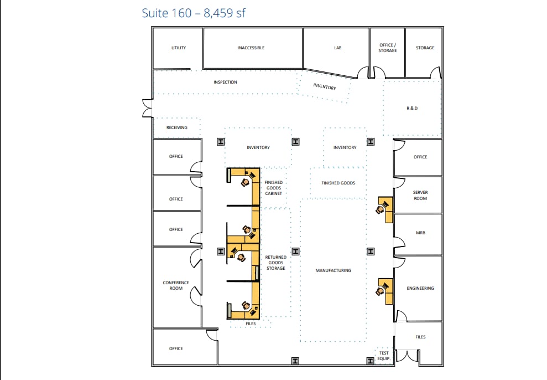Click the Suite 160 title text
click(x=193, y=13)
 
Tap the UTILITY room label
click(x=179, y=48)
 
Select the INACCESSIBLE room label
click(x=251, y=48)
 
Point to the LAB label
click(x=338, y=48)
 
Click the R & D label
click(x=412, y=108)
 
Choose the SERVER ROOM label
click(x=420, y=195)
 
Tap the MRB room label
click(x=420, y=233)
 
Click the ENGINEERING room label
click(x=420, y=288)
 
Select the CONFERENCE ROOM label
click(x=176, y=285)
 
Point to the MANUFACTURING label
click(x=334, y=270)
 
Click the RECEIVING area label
click(x=177, y=127)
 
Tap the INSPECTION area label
click(x=225, y=82)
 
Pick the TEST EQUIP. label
click(x=384, y=356)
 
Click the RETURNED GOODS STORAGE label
click(x=276, y=263)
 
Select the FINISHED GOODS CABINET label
click(x=274, y=188)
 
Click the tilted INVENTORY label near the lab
click(x=325, y=86)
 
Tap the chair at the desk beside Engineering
click(x=381, y=290)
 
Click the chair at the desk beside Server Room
click(x=380, y=209)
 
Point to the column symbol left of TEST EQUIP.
click(x=371, y=361)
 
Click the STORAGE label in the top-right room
click(x=425, y=48)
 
